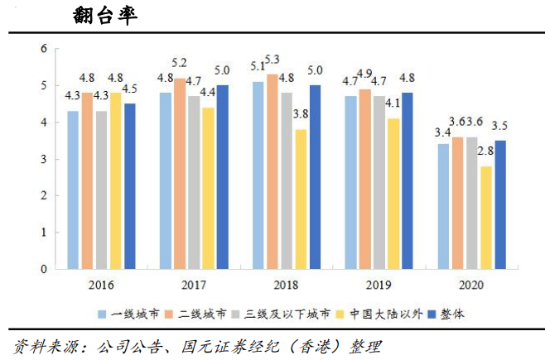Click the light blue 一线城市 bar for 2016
[73, 190]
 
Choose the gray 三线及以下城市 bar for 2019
[379, 182]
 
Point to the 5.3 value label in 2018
[272, 59]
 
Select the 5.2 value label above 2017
[179, 63]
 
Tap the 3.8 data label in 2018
[301, 114]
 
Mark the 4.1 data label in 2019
[393, 103]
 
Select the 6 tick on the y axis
[43, 49]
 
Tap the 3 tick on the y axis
[43, 159]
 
